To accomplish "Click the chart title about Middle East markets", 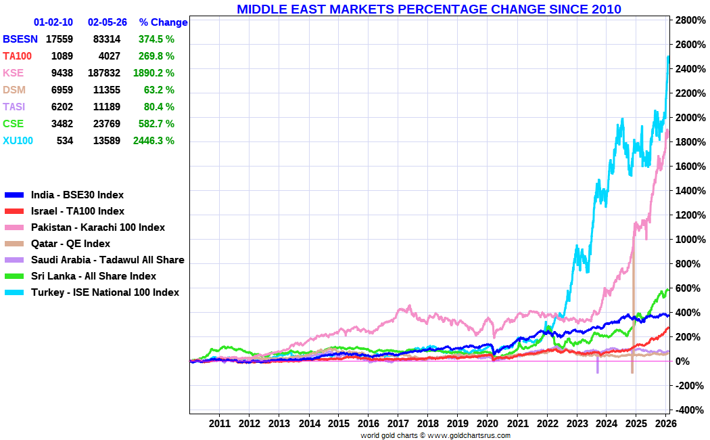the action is [429, 9].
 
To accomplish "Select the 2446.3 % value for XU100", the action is [153, 141].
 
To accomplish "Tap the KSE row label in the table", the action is [13, 73].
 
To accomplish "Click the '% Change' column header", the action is [163, 22].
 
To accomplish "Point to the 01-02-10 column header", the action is [53, 22].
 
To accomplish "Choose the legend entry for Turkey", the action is [105, 292].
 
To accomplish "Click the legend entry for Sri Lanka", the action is [94, 276].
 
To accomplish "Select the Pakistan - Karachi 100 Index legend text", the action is [98, 227].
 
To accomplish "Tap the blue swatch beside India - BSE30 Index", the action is [14, 195].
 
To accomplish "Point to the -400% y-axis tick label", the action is [689, 410].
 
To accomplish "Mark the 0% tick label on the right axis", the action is [682, 361].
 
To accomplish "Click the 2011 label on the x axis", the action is [220, 423].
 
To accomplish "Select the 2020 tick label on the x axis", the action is [488, 423].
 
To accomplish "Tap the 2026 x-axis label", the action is [665, 423].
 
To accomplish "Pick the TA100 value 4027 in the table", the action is [110, 56].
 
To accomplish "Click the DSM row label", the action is [14, 90].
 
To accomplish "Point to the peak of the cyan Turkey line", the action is [668, 56].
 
